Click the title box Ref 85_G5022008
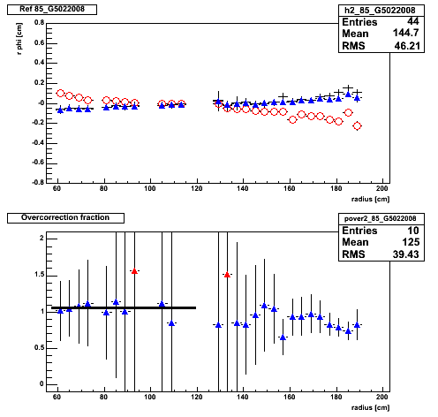coord(52,9)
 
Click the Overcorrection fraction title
coord(65,217)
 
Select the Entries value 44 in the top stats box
coord(413,21)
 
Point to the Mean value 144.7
coord(406,33)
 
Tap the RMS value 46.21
coord(407,46)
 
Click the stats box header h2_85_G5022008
coord(380,11)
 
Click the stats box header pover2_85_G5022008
coord(381,218)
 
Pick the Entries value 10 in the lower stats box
coord(413,231)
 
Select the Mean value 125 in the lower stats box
coord(411,242)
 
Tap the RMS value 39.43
coord(405,254)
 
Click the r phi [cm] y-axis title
coord(19,39)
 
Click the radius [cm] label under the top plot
coord(370,200)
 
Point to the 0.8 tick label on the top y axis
coord(39,23)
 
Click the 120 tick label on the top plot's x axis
coord(196,188)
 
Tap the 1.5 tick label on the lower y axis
coord(39,275)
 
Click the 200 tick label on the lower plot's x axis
coord(382,397)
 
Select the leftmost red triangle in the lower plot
coord(134,271)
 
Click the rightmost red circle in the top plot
coord(357,126)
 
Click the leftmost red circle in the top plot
coord(60,94)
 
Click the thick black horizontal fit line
coord(124,307)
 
